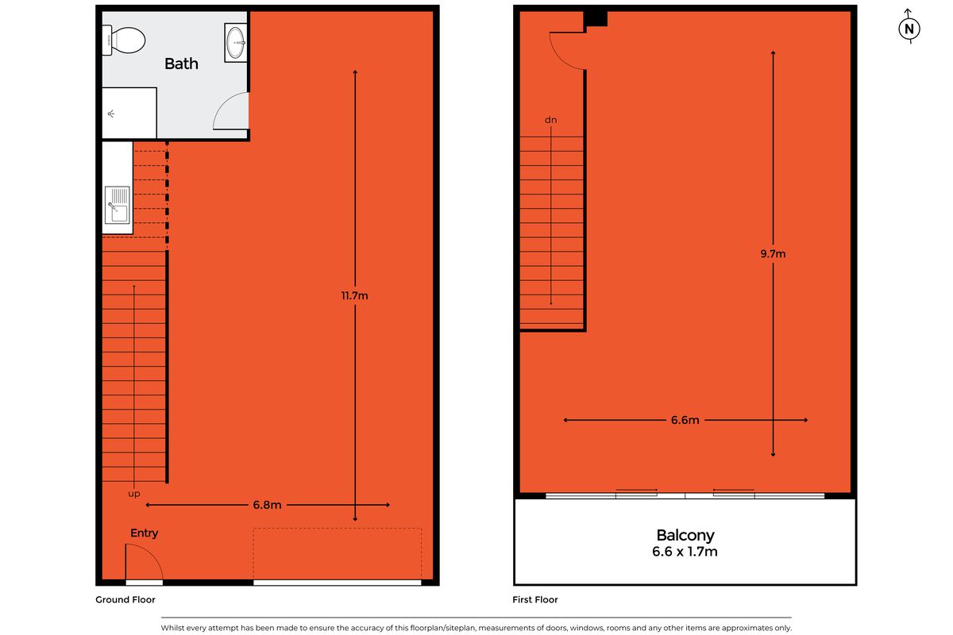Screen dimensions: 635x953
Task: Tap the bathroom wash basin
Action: click(x=236, y=42)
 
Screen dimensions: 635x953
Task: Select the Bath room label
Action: click(x=181, y=63)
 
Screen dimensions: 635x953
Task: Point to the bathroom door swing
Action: click(x=233, y=110)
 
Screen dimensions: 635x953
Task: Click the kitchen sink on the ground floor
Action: click(x=117, y=204)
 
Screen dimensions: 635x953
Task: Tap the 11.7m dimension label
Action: click(x=354, y=296)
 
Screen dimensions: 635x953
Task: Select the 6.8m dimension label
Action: click(x=268, y=505)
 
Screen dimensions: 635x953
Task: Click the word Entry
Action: click(x=145, y=533)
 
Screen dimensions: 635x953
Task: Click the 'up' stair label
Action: click(x=134, y=494)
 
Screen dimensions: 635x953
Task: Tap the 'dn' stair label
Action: click(x=550, y=120)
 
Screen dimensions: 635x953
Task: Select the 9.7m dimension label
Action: click(x=773, y=254)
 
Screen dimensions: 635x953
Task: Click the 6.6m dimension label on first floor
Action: click(x=685, y=420)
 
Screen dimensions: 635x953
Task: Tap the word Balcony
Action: click(x=685, y=535)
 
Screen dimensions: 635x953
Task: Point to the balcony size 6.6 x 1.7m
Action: click(x=685, y=551)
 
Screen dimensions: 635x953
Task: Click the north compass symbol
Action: click(x=909, y=29)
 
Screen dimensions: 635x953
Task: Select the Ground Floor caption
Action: click(x=125, y=600)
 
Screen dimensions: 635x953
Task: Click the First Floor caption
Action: click(x=536, y=600)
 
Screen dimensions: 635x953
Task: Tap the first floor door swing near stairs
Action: click(x=565, y=49)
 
